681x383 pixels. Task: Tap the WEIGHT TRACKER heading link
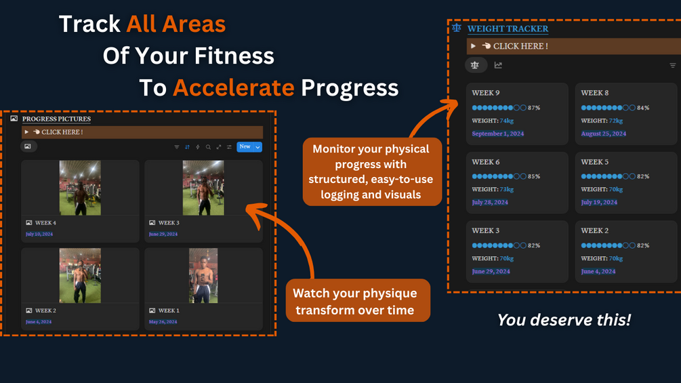(508, 28)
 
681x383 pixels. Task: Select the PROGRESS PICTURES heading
(56, 119)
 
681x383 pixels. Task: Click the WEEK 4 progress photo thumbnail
(80, 188)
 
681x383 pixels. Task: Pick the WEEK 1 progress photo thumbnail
(203, 276)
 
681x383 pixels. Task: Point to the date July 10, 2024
(39, 234)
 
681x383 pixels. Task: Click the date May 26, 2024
(163, 322)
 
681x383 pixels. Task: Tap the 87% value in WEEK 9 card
(534, 108)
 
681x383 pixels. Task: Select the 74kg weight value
(506, 121)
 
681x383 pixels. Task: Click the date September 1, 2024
(498, 134)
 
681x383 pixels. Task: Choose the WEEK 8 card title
(594, 93)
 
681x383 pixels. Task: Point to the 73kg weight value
(506, 189)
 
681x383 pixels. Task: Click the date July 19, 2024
(599, 203)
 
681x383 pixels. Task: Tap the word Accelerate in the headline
(234, 87)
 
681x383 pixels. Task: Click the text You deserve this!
(564, 320)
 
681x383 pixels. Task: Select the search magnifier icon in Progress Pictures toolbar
(208, 147)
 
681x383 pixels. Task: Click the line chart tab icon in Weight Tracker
(498, 65)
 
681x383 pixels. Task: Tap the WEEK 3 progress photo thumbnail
(203, 188)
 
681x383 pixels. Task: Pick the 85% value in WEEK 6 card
(534, 176)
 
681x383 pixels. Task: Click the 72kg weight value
(616, 121)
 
